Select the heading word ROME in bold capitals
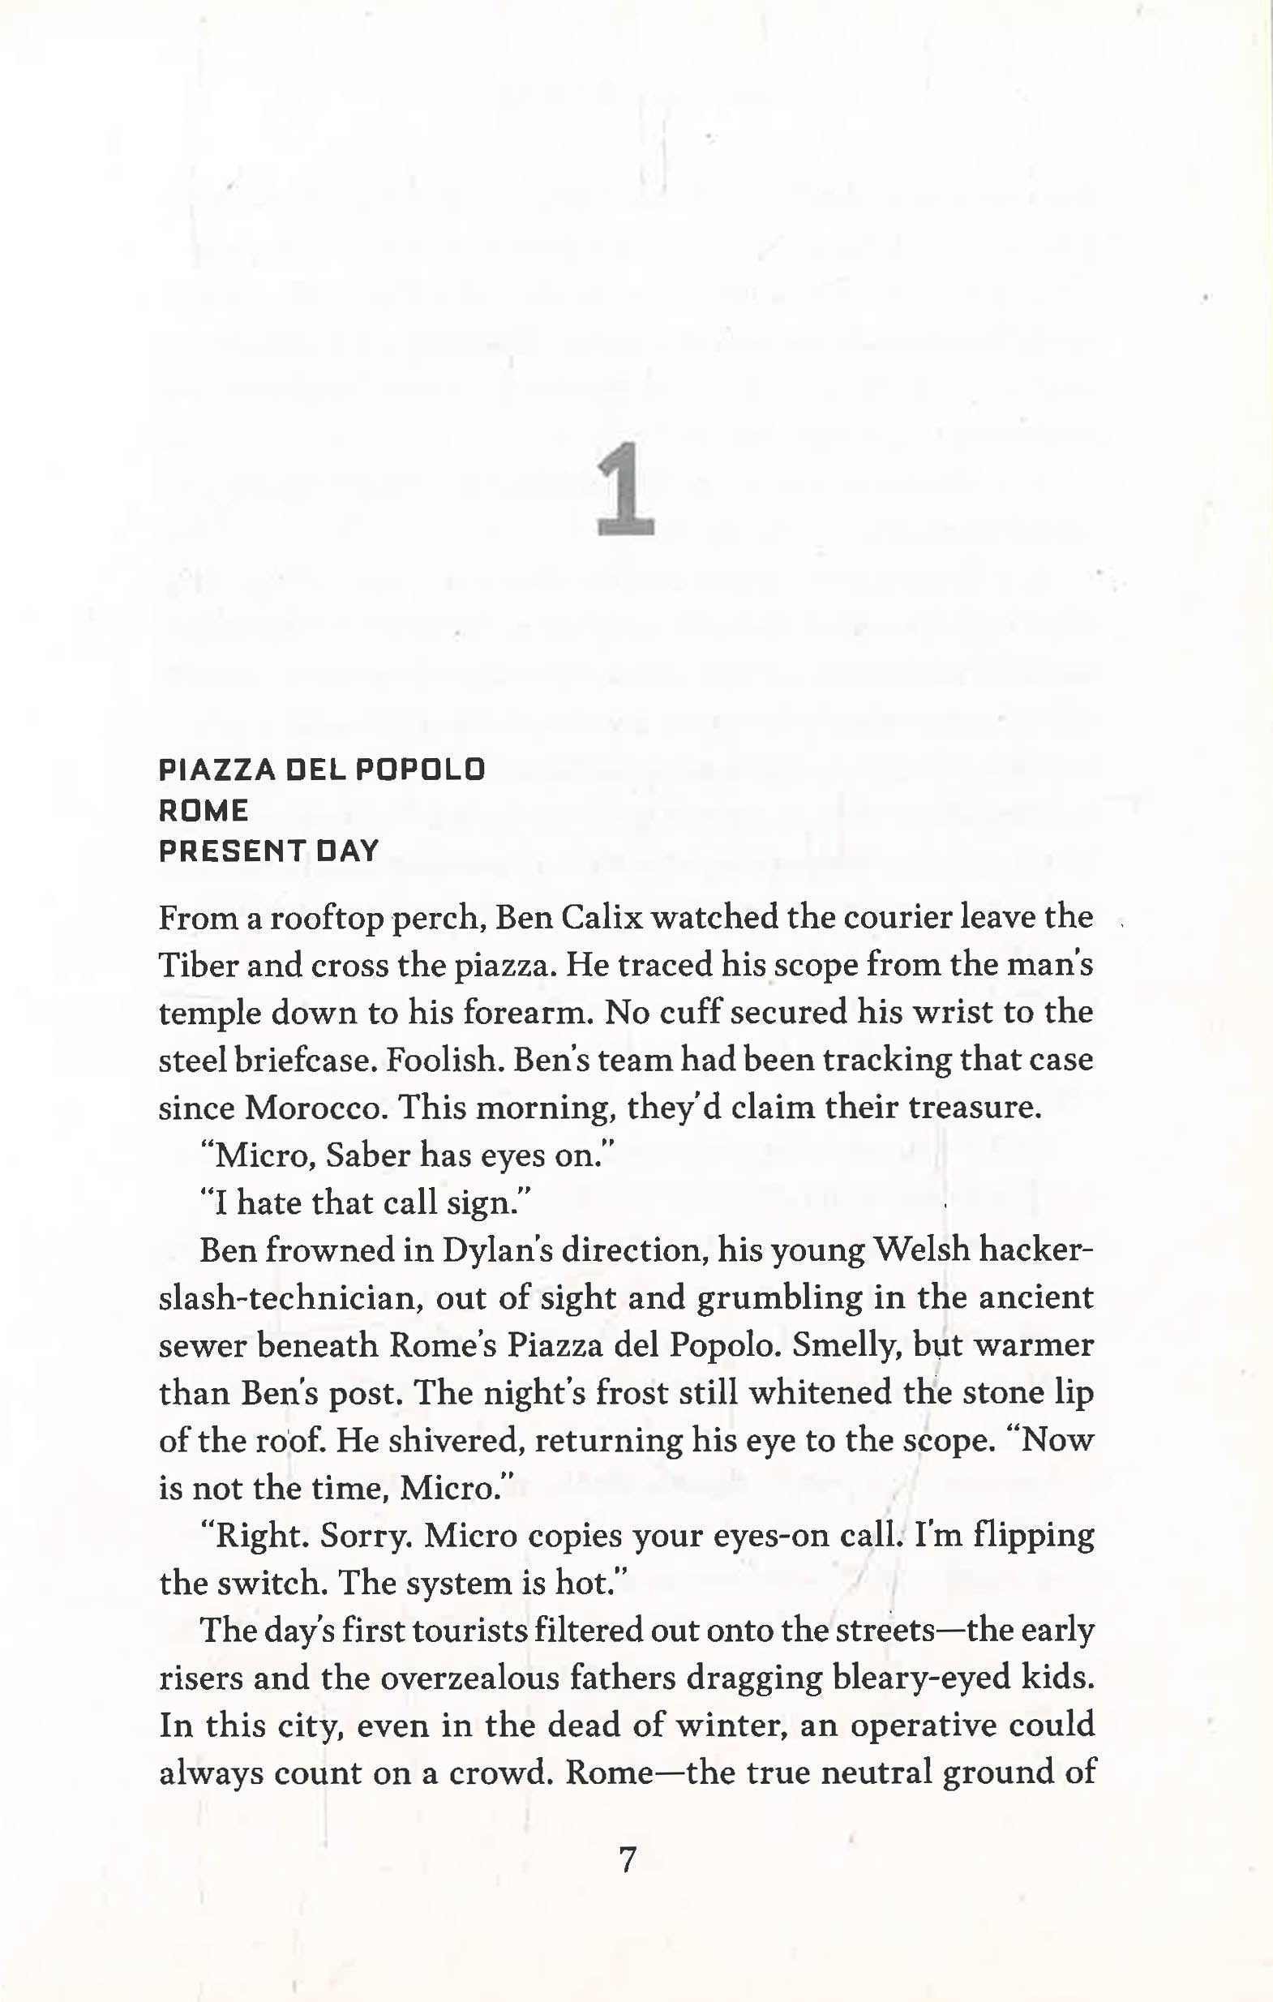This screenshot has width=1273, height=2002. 204,811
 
